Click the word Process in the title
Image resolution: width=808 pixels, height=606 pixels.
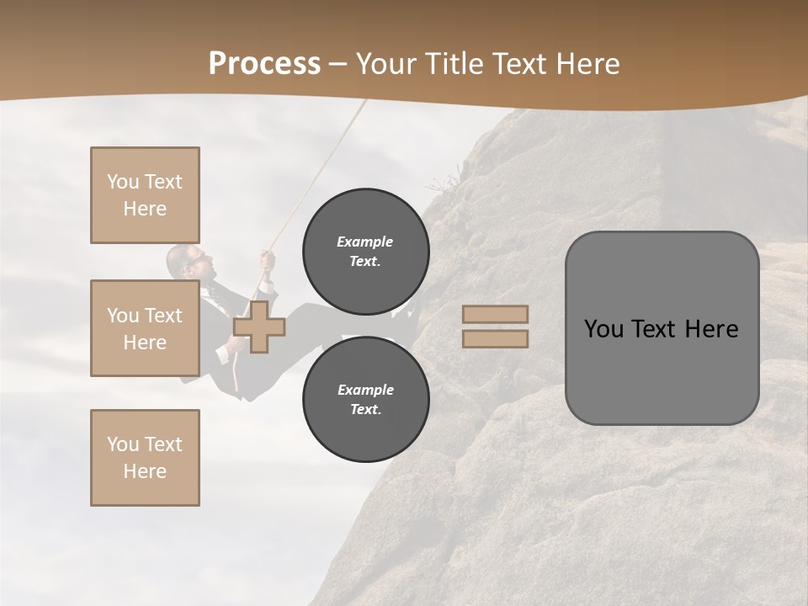264,64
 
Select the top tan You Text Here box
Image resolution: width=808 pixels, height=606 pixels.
145,195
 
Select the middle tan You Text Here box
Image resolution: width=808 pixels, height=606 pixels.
145,328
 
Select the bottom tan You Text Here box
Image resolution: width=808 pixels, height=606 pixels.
145,458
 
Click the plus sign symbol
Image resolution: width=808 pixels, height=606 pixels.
259,327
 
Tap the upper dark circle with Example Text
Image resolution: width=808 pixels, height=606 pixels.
365,252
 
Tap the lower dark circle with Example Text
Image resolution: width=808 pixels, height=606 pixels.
365,400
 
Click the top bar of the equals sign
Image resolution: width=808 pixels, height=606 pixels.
495,315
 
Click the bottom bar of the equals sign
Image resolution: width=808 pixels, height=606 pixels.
495,338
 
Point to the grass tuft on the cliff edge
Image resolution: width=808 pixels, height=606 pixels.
442,183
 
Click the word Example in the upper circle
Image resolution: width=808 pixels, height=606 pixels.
364,242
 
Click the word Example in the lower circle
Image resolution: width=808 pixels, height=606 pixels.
365,390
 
